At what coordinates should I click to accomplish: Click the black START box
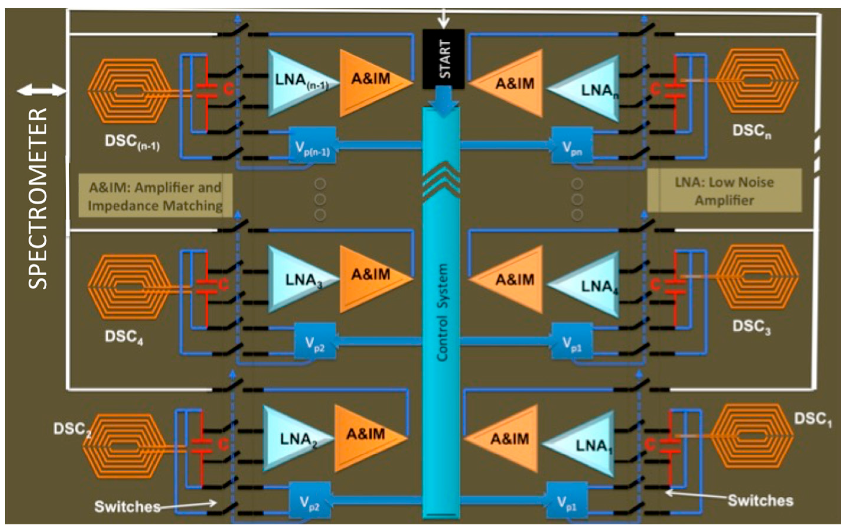click(x=443, y=59)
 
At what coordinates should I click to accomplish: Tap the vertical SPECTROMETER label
click(x=37, y=198)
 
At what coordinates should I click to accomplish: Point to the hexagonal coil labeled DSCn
click(x=757, y=81)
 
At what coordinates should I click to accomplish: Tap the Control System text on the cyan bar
click(x=442, y=312)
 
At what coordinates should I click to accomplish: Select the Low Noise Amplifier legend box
click(x=724, y=191)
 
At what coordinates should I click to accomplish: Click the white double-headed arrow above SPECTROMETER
click(x=41, y=91)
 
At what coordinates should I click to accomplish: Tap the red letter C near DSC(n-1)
click(x=229, y=89)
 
